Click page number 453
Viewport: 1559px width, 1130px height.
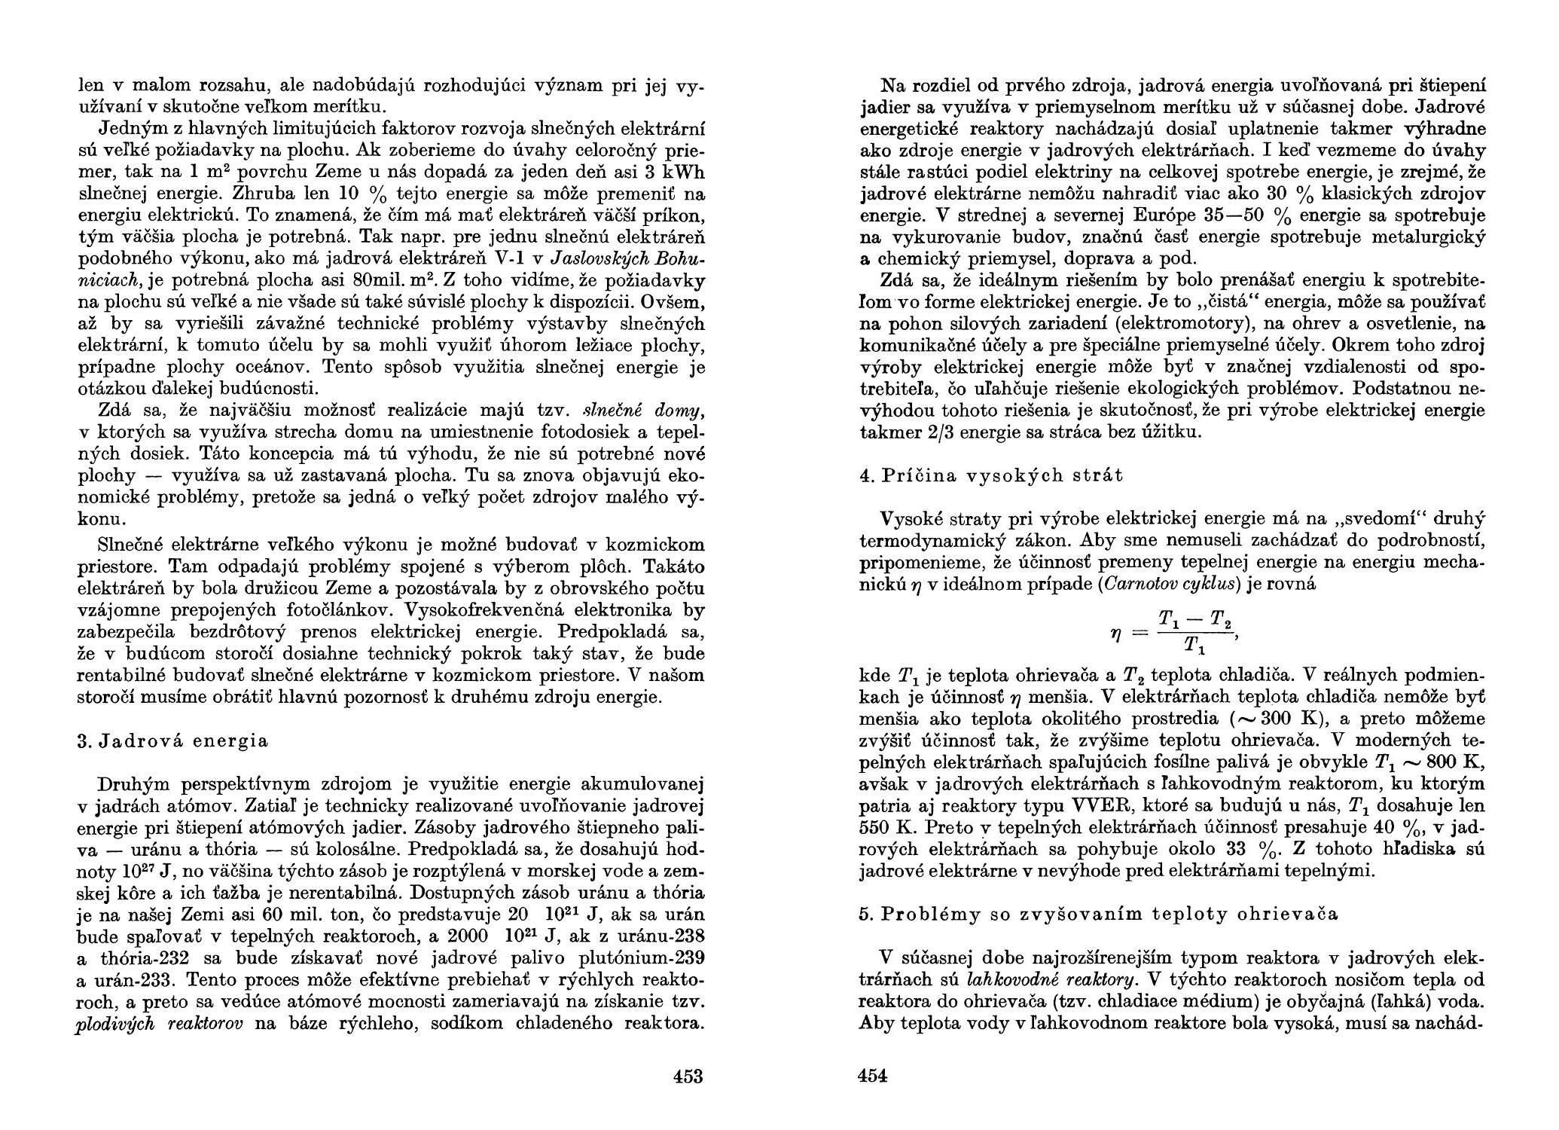coord(687,1077)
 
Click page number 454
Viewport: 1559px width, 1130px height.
coord(873,1077)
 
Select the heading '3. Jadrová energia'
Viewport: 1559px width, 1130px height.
coord(172,741)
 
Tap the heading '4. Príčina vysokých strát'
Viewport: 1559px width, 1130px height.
coord(990,475)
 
